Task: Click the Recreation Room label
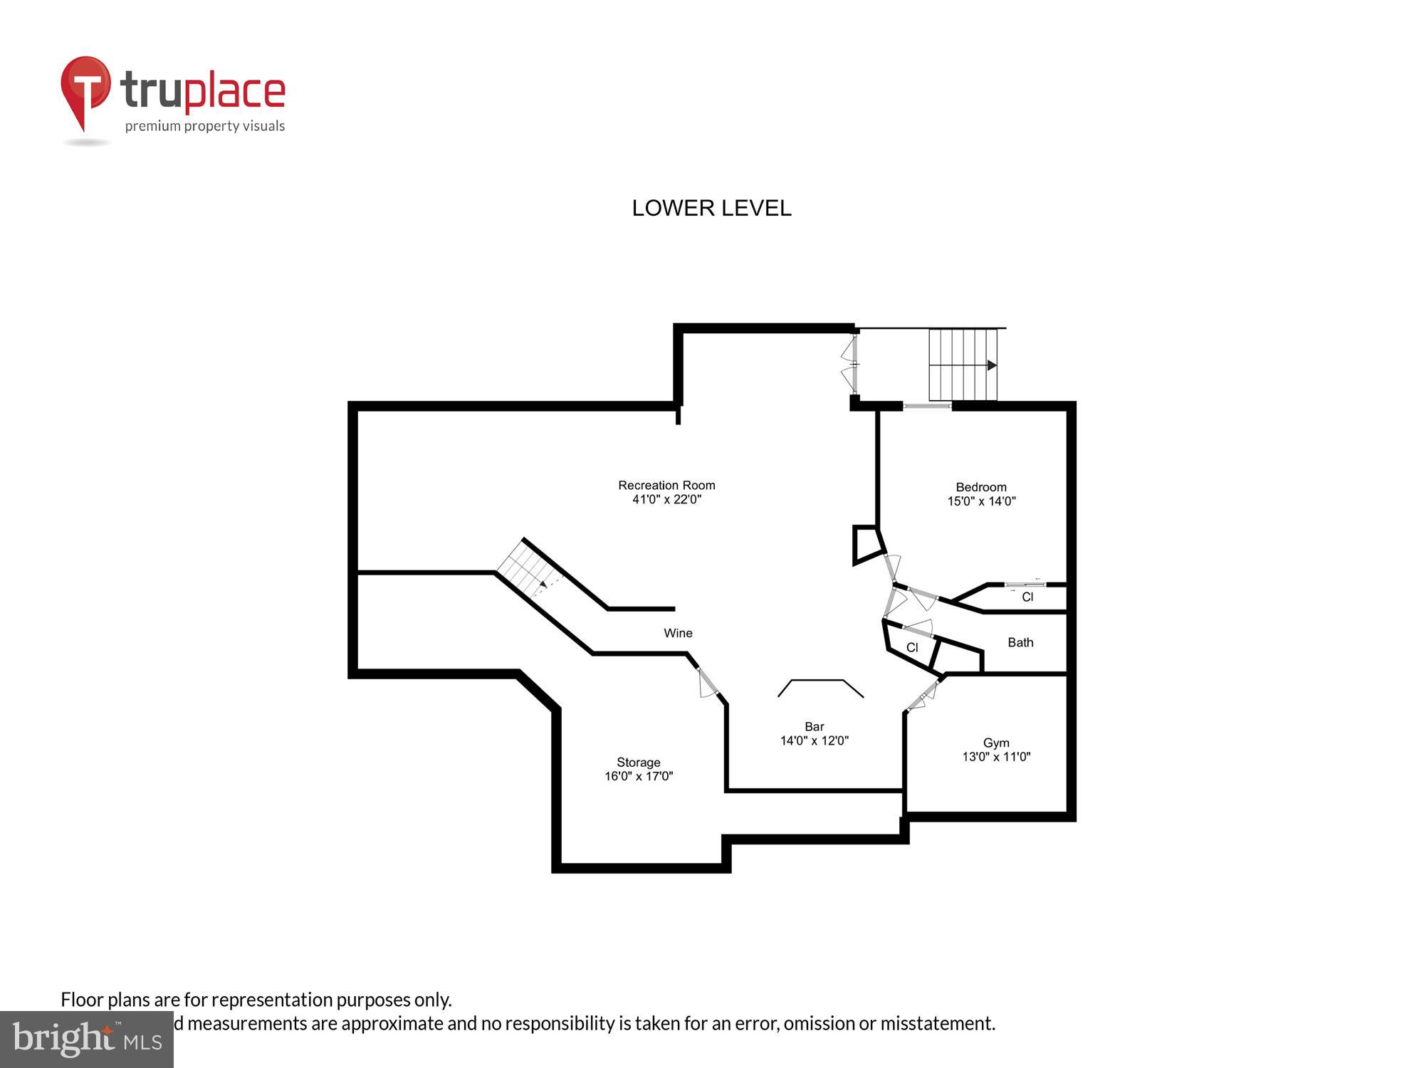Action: [666, 486]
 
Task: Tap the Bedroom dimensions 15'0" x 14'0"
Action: [981, 501]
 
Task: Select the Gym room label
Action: [996, 743]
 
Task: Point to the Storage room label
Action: [639, 763]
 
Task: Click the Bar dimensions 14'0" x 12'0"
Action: [815, 740]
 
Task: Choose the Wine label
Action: [678, 633]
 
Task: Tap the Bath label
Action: [1020, 642]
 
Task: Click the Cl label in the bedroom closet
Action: [1027, 597]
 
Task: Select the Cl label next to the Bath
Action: [912, 648]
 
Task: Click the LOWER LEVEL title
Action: [711, 208]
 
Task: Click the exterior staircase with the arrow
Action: [963, 365]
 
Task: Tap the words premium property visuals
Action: [205, 127]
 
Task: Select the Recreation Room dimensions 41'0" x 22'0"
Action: [666, 500]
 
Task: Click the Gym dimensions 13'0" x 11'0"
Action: [996, 757]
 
